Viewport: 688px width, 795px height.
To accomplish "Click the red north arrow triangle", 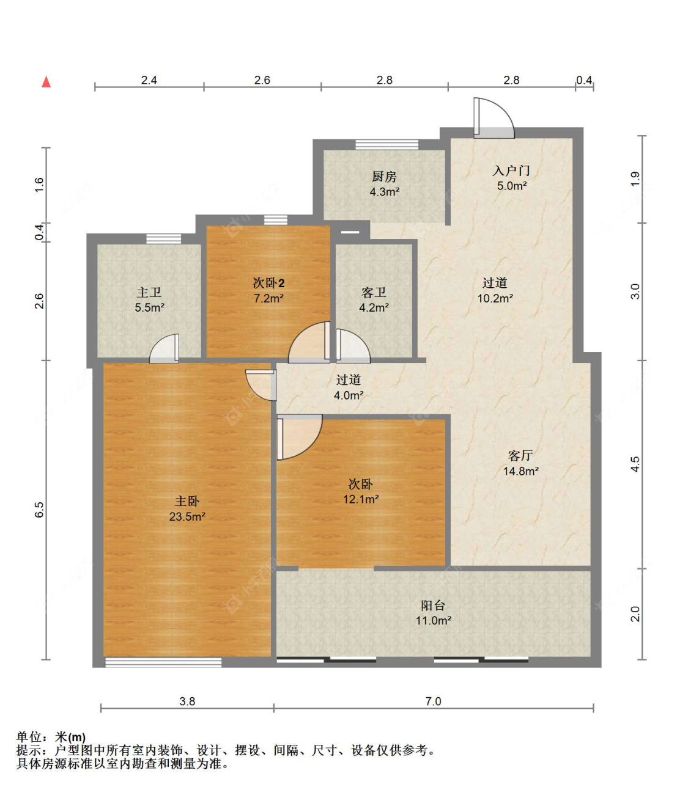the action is pos(46,82).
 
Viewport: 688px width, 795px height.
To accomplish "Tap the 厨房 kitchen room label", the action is pos(384,177).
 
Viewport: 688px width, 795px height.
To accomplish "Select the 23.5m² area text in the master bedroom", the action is pos(187,516).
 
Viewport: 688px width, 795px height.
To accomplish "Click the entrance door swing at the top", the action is pos(494,118).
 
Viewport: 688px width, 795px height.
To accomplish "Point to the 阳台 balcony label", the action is pos(433,606).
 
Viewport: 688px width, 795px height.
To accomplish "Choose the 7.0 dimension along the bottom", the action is pos(433,702).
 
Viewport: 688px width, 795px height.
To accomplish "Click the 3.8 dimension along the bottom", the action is pos(187,702).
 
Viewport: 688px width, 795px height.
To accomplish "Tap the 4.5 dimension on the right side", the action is pos(635,464).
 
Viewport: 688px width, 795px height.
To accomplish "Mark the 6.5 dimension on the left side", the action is pos(39,510).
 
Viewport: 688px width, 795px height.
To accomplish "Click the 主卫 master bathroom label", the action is pos(149,293).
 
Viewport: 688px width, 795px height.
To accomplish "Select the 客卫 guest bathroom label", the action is pos(374,293).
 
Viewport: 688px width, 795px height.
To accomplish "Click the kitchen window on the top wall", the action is pos(387,145).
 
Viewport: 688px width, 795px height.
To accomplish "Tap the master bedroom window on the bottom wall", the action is pos(163,662).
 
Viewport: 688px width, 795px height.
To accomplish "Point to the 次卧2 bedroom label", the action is pos(268,284).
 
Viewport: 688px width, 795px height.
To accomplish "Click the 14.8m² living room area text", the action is pos(520,471).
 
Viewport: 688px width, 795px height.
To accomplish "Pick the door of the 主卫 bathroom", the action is pos(165,348).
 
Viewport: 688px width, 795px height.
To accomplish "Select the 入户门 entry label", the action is pos(511,170).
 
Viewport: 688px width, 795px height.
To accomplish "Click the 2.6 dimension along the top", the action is pos(262,80).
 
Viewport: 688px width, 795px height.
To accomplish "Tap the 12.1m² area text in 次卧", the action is pos(361,499).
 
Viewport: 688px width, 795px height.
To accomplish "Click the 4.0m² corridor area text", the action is pos(349,395).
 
